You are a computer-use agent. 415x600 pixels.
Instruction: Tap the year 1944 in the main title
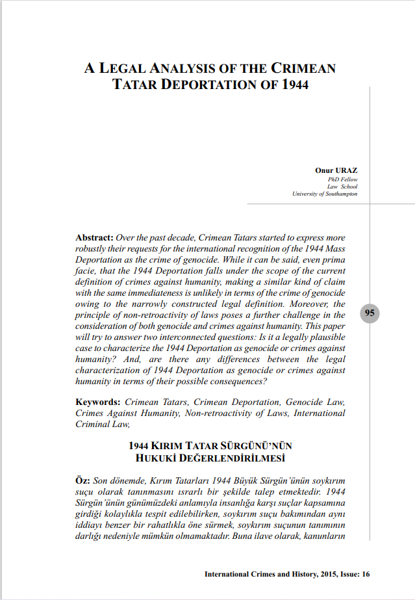(x=294, y=85)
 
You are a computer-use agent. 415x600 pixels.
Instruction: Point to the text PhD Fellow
(x=343, y=179)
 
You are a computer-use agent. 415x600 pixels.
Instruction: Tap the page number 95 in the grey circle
(x=370, y=313)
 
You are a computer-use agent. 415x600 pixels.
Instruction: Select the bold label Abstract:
(x=95, y=238)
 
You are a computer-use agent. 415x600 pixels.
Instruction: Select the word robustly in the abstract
(x=93, y=250)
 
